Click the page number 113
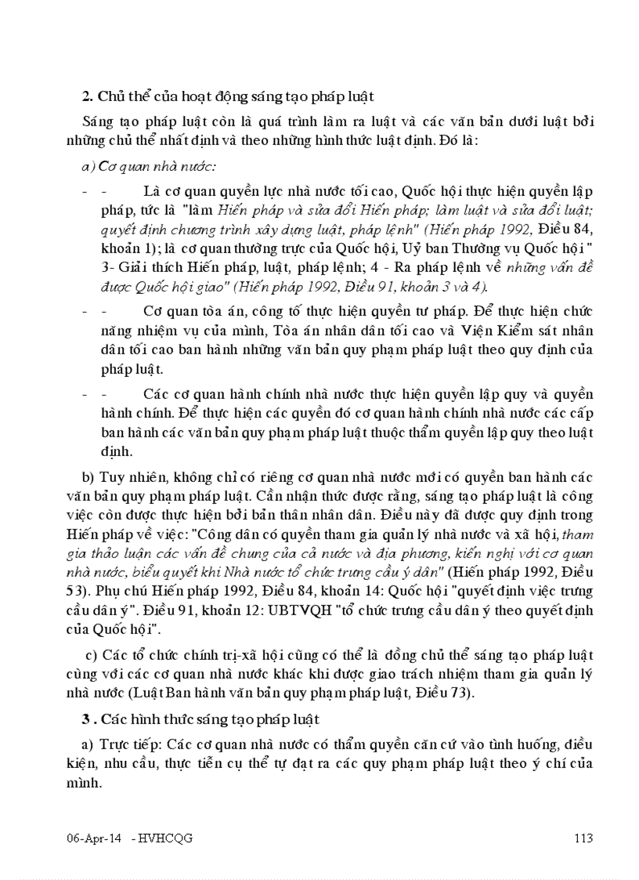coord(582,838)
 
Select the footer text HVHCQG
coord(165,838)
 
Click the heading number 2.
coord(87,97)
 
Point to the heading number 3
coord(87,719)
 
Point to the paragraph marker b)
coord(87,478)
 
